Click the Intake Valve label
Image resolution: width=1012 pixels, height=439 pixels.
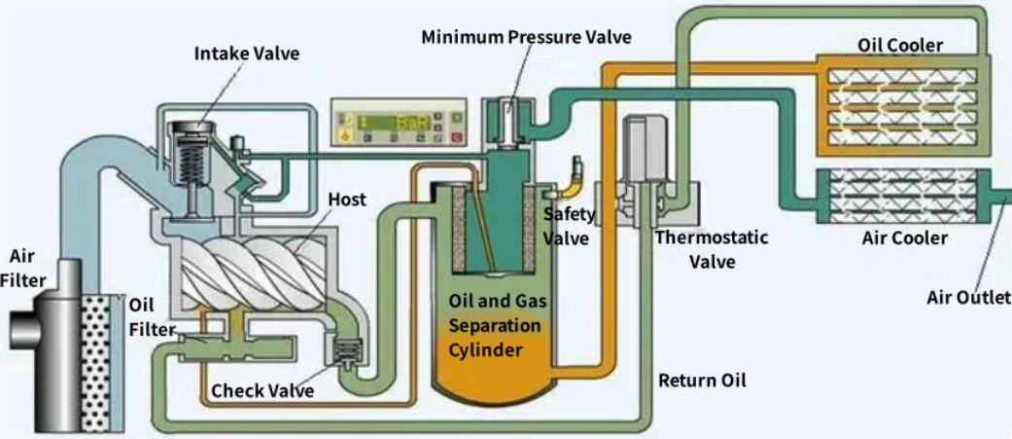click(246, 53)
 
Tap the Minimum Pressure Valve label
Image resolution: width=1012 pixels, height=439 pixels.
click(526, 37)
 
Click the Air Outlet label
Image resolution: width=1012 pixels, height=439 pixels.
click(968, 297)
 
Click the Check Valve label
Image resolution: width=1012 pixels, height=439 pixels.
click(262, 390)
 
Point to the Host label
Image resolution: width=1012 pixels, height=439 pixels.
click(347, 200)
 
